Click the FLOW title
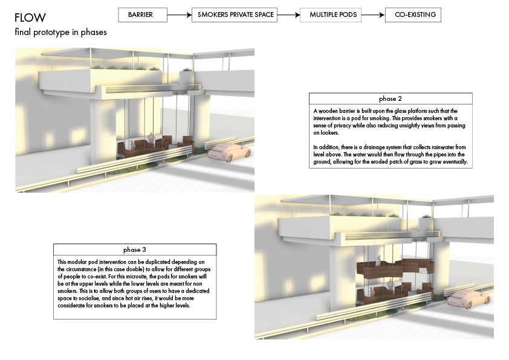[x=30, y=18]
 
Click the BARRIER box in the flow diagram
[x=143, y=15]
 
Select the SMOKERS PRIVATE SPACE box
[x=235, y=15]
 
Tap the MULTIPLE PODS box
[x=331, y=15]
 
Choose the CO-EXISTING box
[x=413, y=15]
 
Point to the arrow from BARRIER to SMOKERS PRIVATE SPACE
[x=180, y=15]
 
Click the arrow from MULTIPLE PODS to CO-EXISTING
[x=374, y=15]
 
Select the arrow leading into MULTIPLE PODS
[x=288, y=15]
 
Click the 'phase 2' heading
[x=390, y=98]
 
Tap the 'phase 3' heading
[x=135, y=249]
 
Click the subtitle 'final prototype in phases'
[x=60, y=32]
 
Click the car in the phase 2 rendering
[x=230, y=152]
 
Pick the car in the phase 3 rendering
[x=469, y=299]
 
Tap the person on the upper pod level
[x=378, y=260]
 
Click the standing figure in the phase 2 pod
[x=151, y=138]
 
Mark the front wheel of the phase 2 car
[x=230, y=158]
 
